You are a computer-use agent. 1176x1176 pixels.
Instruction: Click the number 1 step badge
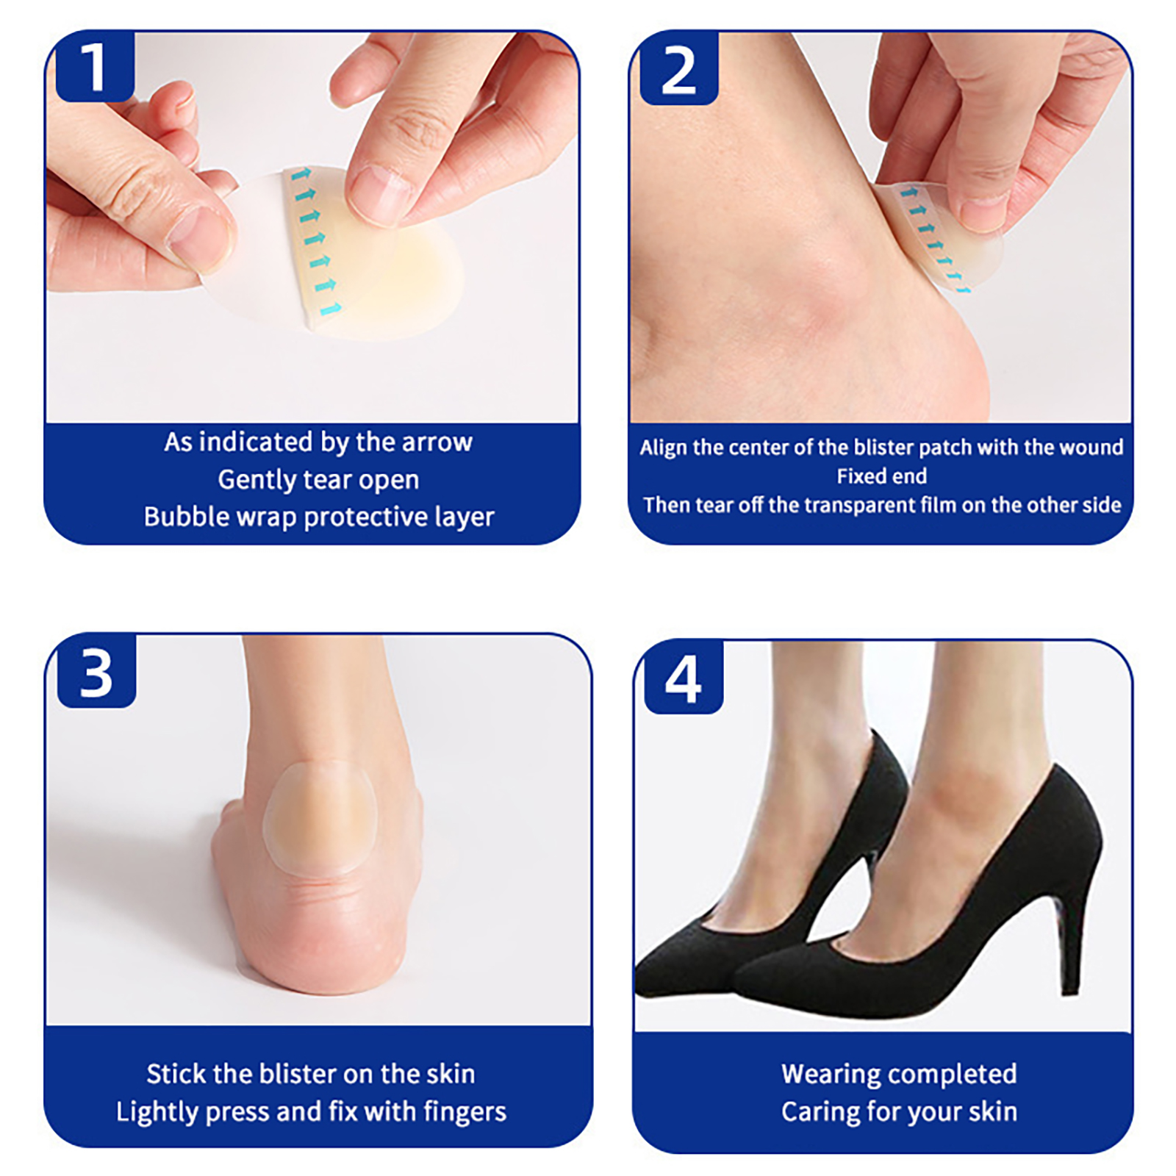click(x=94, y=66)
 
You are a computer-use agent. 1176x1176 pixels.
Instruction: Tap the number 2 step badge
click(x=678, y=68)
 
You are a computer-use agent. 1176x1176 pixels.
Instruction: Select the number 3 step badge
click(x=96, y=672)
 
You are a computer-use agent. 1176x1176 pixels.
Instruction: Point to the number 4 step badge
click(x=684, y=678)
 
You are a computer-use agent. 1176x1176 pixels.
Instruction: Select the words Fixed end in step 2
click(x=881, y=476)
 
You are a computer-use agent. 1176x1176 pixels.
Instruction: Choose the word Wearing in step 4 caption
click(x=830, y=1075)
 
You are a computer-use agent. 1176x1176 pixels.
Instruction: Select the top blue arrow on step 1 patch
click(x=301, y=175)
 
